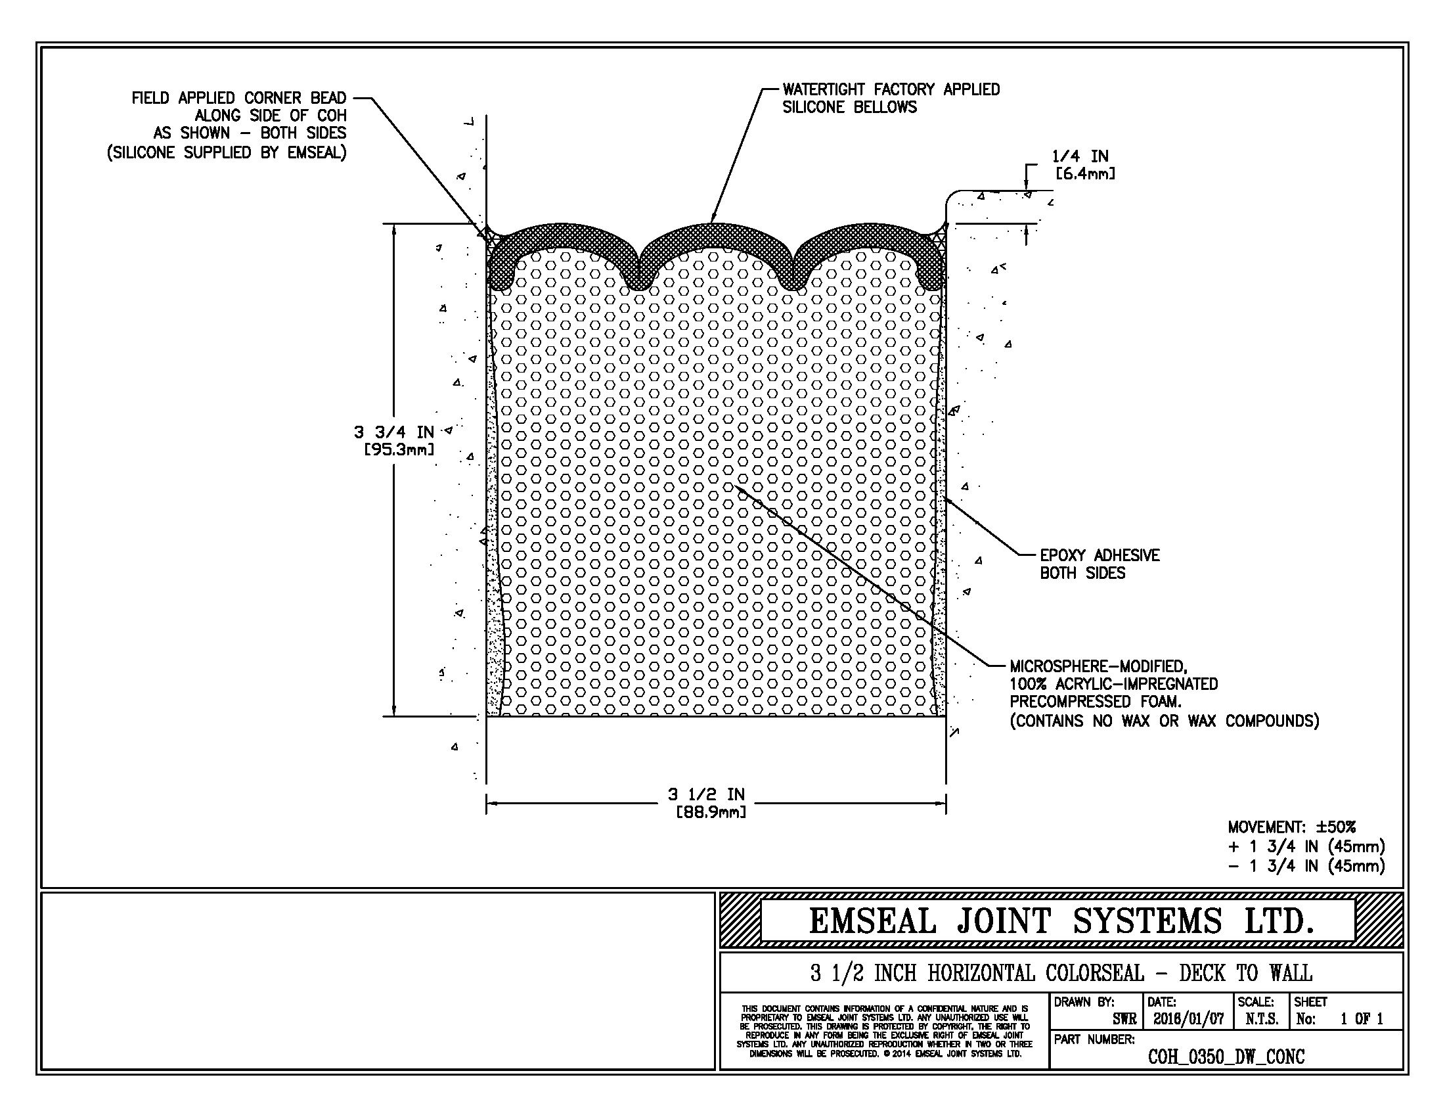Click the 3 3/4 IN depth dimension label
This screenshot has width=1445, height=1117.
(393, 432)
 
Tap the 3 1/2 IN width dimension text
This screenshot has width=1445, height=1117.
(707, 794)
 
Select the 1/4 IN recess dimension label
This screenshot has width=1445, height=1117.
(1080, 156)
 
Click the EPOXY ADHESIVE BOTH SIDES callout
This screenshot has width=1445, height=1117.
(1099, 564)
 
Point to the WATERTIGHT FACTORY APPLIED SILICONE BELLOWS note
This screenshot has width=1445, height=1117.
(891, 98)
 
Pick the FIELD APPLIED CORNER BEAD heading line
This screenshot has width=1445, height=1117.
(239, 98)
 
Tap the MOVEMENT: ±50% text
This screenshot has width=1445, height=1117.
(1291, 827)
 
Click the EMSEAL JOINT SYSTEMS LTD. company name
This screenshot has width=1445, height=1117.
(1061, 921)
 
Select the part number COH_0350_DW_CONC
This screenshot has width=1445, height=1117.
(1226, 1057)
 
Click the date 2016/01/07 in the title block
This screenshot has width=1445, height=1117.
(1188, 1019)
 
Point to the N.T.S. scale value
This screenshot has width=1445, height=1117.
(1262, 1019)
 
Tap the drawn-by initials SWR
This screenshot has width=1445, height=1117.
(1124, 1019)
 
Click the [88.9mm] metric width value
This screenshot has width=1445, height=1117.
(710, 812)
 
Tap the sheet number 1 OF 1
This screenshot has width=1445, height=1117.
(1362, 1019)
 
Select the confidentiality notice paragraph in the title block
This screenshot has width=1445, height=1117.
(884, 1031)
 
